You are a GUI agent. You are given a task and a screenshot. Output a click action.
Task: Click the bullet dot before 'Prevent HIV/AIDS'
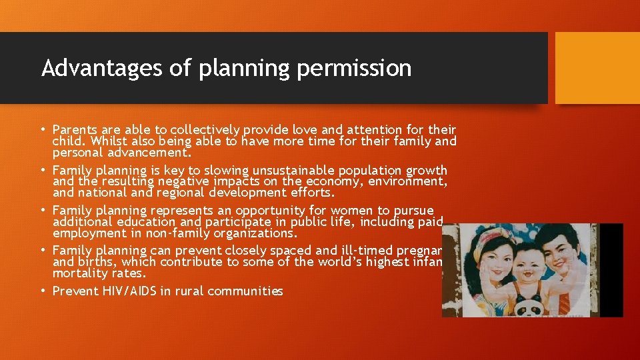(43, 291)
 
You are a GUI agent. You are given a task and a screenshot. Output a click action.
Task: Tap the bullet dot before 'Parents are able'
(43, 129)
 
